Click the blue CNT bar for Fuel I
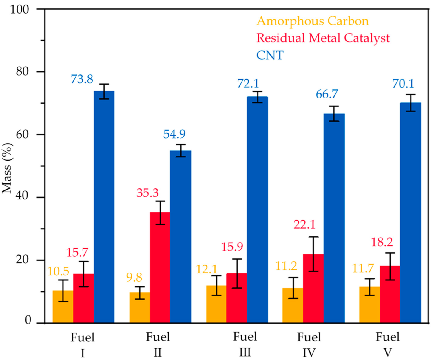[104, 207]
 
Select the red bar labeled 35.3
[160, 267]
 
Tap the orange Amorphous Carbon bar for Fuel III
[216, 304]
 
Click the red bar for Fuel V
[390, 294]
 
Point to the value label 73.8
[82, 79]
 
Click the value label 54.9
[174, 134]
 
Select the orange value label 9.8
[134, 278]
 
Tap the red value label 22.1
[304, 225]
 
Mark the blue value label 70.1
[403, 84]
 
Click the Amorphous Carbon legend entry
[313, 21]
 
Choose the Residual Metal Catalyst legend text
[323, 38]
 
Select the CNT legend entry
[270, 55]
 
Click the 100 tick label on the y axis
[20, 9]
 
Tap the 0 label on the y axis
[28, 320]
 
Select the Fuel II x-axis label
[158, 344]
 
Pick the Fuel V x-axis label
[387, 344]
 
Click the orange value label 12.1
[207, 269]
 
